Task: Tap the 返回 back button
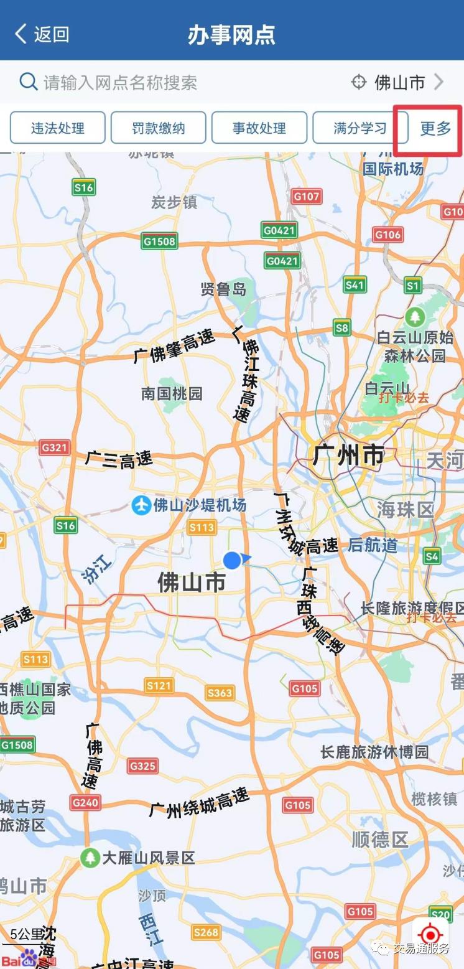click(42, 34)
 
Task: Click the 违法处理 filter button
click(58, 128)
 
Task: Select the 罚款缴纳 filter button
click(159, 128)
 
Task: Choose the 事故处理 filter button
click(259, 128)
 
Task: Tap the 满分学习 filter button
click(360, 128)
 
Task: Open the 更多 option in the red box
click(435, 129)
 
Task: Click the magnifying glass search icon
click(28, 82)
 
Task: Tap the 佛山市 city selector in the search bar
click(398, 82)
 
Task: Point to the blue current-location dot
click(232, 560)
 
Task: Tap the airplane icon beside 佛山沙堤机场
click(141, 505)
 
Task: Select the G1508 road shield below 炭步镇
click(159, 241)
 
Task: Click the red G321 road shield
click(55, 447)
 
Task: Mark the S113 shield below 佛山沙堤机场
click(202, 528)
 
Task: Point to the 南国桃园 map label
click(172, 393)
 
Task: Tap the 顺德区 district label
click(379, 840)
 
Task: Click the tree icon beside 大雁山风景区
click(90, 858)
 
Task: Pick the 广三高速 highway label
click(119, 461)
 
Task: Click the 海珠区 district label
click(405, 510)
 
